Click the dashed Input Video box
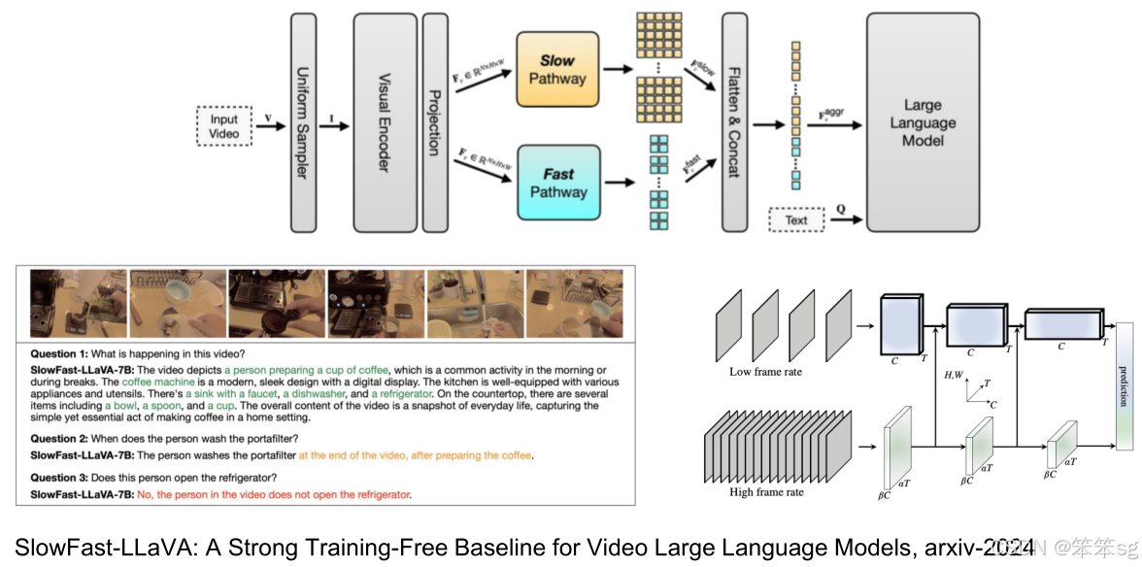click(223, 126)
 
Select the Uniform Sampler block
click(303, 123)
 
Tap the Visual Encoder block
click(385, 123)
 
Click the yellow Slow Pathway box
click(557, 69)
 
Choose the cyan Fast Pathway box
click(557, 183)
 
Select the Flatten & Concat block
click(734, 123)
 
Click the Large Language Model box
click(923, 123)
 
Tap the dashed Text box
click(795, 220)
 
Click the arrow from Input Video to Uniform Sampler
click(269, 126)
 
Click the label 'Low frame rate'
click(765, 372)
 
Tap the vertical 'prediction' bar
click(1125, 386)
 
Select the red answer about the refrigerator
click(274, 494)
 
